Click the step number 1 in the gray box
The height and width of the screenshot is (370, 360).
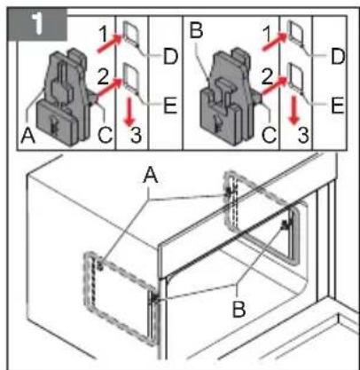pyautogui.click(x=37, y=24)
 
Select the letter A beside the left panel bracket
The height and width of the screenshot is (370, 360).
pyautogui.click(x=28, y=137)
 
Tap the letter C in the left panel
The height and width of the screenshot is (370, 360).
pyautogui.click(x=106, y=135)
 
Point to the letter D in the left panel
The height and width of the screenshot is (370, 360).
pyautogui.click(x=170, y=57)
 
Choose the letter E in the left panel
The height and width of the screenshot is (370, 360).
pyautogui.click(x=170, y=106)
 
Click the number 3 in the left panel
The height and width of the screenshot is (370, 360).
pyautogui.click(x=136, y=136)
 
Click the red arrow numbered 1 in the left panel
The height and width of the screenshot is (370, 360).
pyautogui.click(x=110, y=43)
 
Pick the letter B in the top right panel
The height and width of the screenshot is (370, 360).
pyautogui.click(x=197, y=30)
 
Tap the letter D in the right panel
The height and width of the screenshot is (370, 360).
pyautogui.click(x=338, y=57)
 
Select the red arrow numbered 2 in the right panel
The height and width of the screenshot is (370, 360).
pyautogui.click(x=275, y=86)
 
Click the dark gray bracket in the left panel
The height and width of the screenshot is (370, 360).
pyautogui.click(x=63, y=98)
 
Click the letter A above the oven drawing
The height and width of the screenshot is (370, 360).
pyautogui.click(x=151, y=177)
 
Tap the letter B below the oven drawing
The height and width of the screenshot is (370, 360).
pyautogui.click(x=239, y=310)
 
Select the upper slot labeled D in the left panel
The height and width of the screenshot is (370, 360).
pyautogui.click(x=130, y=33)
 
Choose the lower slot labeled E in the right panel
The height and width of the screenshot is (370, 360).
pyautogui.click(x=295, y=76)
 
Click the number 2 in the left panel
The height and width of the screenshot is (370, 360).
pyautogui.click(x=103, y=77)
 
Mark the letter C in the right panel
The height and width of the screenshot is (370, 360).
pyautogui.click(x=270, y=135)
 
